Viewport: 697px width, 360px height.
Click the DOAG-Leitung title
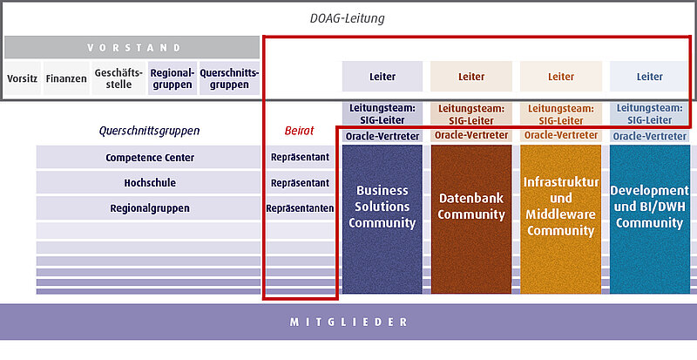coord(347,18)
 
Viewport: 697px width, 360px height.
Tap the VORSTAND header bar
coord(132,48)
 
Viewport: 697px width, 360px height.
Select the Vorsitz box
coord(23,78)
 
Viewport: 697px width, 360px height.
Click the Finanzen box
coord(66,78)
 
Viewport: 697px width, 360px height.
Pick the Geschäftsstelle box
coord(118,78)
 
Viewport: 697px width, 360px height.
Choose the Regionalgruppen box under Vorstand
coord(173,78)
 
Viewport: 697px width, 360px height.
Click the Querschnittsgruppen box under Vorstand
coord(229,78)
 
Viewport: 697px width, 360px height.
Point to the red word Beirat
coord(299,131)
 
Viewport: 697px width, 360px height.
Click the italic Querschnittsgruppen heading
coord(149,131)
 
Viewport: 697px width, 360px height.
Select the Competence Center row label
coord(150,158)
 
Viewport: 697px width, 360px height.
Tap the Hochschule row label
coord(150,183)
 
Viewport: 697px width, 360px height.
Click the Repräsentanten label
coord(300,208)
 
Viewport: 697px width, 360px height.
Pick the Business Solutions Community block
coord(382,219)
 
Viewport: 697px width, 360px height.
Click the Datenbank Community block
coord(471,219)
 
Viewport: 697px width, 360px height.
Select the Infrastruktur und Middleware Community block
coord(560,219)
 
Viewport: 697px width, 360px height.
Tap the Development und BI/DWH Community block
coord(649,219)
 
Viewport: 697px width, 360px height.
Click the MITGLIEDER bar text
coord(348,323)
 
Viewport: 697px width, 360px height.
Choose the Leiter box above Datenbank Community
coord(471,77)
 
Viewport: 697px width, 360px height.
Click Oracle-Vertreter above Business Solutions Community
coord(382,136)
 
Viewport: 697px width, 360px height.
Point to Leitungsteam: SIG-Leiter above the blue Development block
coord(649,114)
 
